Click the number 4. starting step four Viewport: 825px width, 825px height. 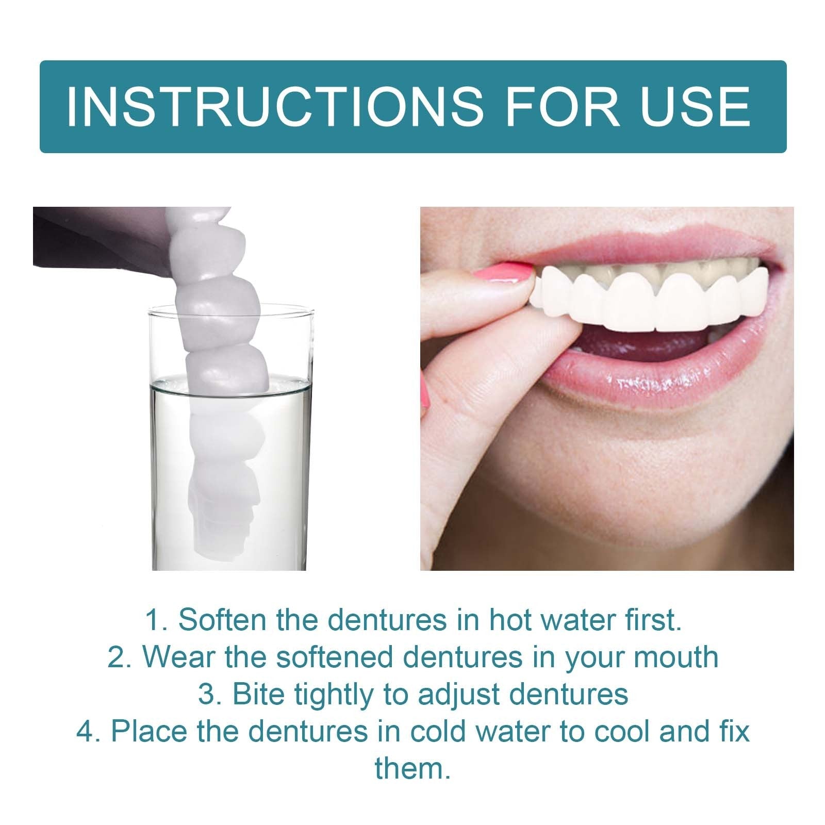point(89,731)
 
